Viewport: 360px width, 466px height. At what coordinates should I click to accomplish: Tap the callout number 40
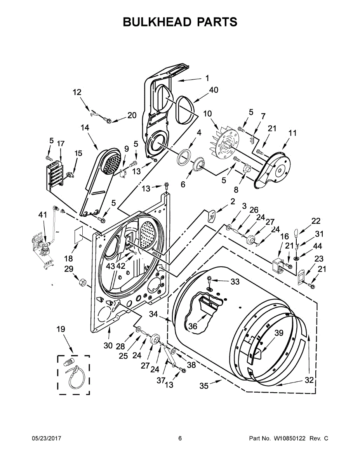pos(213,90)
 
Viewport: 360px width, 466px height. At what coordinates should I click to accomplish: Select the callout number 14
pos(85,127)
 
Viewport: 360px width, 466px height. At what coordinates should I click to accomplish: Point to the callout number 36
pos(193,327)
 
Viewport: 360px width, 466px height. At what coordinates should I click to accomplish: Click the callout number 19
pos(61,329)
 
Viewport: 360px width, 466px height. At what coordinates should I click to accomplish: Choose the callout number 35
pos(204,386)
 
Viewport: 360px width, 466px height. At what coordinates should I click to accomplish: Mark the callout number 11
pos(292,133)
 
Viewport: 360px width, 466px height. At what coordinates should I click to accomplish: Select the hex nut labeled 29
pos(82,282)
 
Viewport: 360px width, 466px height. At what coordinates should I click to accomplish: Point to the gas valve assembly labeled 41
pos(43,249)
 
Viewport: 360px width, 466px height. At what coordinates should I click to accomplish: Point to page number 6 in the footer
pos(180,438)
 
